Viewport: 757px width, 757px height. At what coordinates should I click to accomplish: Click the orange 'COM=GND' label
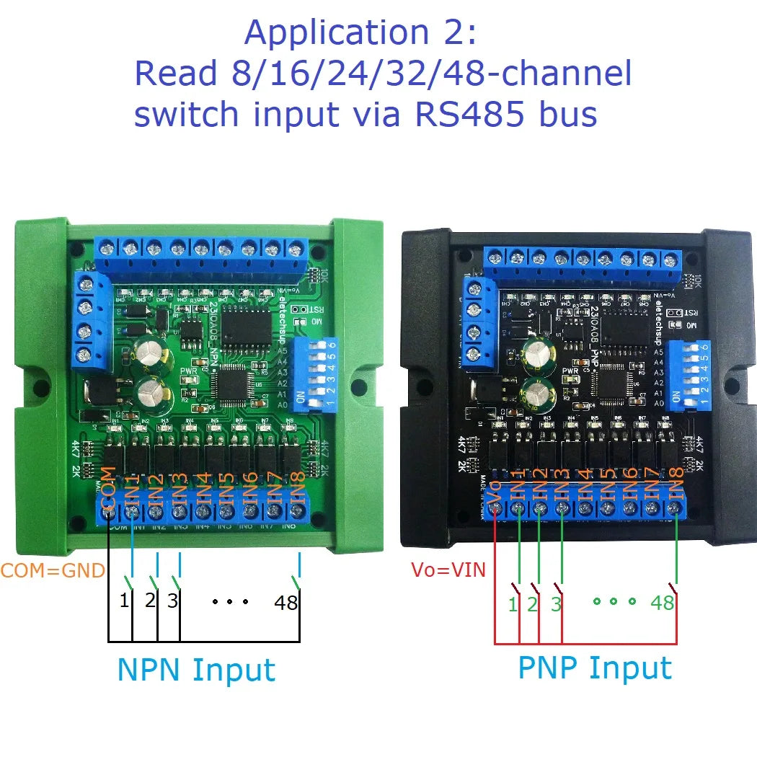[53, 571]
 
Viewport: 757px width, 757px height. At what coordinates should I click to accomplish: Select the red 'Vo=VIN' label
[448, 570]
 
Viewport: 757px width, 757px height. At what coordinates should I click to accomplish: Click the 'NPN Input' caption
[196, 670]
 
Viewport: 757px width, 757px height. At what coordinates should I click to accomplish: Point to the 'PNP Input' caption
[595, 668]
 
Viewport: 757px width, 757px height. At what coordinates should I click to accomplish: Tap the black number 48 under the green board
[286, 603]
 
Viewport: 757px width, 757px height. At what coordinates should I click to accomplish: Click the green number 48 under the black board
[662, 602]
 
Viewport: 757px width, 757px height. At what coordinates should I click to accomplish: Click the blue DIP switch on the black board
[689, 376]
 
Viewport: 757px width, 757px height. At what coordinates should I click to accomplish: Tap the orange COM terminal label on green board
[108, 487]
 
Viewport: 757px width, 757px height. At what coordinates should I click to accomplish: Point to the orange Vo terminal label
[496, 490]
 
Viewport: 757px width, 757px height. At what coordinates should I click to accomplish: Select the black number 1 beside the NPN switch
[124, 599]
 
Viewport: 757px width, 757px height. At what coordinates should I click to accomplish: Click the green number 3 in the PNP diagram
[556, 603]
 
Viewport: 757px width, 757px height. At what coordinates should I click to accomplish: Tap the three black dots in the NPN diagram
[230, 601]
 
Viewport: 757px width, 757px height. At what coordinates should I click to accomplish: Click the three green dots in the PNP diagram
[614, 601]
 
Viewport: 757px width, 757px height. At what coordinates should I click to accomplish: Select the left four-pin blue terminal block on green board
[92, 318]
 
